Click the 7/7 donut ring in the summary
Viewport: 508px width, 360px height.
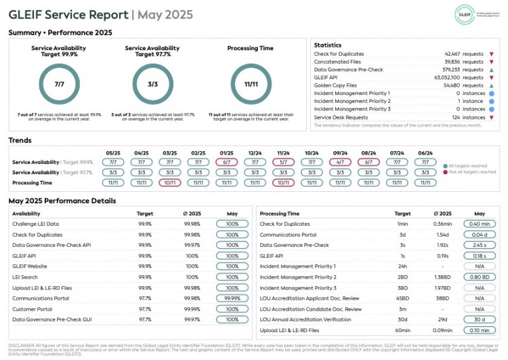60,85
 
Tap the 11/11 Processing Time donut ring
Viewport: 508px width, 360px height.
251,85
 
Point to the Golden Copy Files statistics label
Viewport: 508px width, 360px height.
335,85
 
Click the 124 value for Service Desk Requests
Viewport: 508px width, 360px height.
460,117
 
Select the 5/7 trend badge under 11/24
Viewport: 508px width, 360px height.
284,162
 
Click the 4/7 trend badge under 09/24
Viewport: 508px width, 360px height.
340,162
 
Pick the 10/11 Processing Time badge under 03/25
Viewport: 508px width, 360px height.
170,182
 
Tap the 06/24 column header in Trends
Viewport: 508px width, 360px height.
425,153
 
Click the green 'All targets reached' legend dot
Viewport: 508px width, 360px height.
444,165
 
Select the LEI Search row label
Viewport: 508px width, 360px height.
25,277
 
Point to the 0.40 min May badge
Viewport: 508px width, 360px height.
480,224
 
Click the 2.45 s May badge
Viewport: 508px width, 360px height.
480,245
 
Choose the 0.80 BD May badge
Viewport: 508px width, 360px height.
480,277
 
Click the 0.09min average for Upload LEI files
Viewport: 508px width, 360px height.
442,330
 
